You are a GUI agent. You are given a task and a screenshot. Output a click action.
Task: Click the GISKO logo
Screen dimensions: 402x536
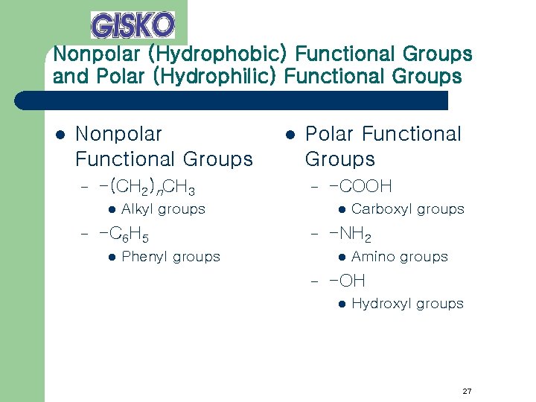coord(133,25)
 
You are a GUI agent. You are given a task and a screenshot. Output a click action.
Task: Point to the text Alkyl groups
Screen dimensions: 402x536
coord(163,209)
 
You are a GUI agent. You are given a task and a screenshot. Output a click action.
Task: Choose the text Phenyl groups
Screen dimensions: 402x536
coord(170,257)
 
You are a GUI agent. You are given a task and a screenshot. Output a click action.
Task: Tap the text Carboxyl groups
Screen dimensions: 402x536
coord(407,209)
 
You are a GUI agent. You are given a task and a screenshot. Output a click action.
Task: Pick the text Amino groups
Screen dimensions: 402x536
coord(399,257)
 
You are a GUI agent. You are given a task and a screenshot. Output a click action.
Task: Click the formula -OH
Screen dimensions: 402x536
coord(348,281)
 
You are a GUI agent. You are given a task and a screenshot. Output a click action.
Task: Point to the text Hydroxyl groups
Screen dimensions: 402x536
coord(407,304)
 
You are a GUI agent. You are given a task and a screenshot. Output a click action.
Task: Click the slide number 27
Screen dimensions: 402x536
coord(467,391)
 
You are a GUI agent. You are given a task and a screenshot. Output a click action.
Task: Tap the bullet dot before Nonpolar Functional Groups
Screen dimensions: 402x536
coord(60,135)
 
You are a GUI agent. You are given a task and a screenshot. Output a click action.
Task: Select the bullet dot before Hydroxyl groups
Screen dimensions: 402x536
coord(342,304)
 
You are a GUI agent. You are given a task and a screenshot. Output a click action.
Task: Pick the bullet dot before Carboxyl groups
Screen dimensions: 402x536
coord(342,209)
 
